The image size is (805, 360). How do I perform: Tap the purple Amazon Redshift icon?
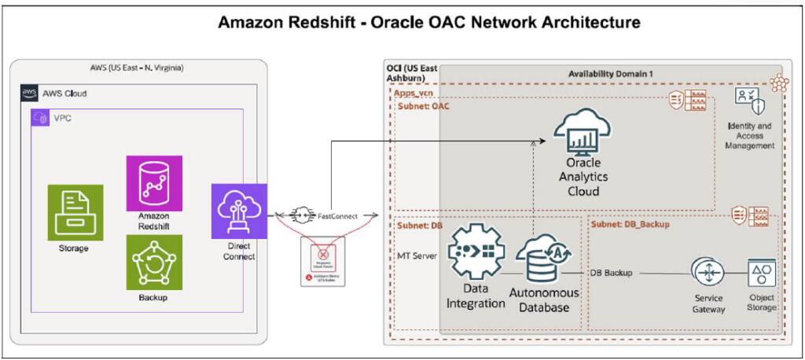coord(154,183)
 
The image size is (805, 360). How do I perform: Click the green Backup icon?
coord(154,262)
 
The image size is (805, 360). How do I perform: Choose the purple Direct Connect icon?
coord(239,211)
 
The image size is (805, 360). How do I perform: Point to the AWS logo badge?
coord(29,93)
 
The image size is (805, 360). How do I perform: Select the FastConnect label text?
coord(339,214)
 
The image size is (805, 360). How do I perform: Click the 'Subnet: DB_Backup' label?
coord(632,223)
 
